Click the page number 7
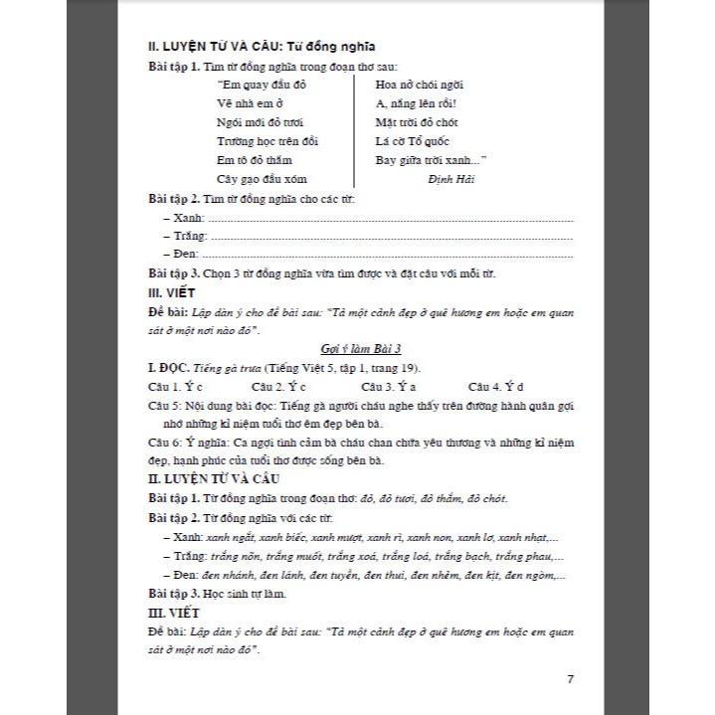570,680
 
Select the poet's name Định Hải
452,178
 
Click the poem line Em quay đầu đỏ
255,85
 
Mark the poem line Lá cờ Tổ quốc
412,141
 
